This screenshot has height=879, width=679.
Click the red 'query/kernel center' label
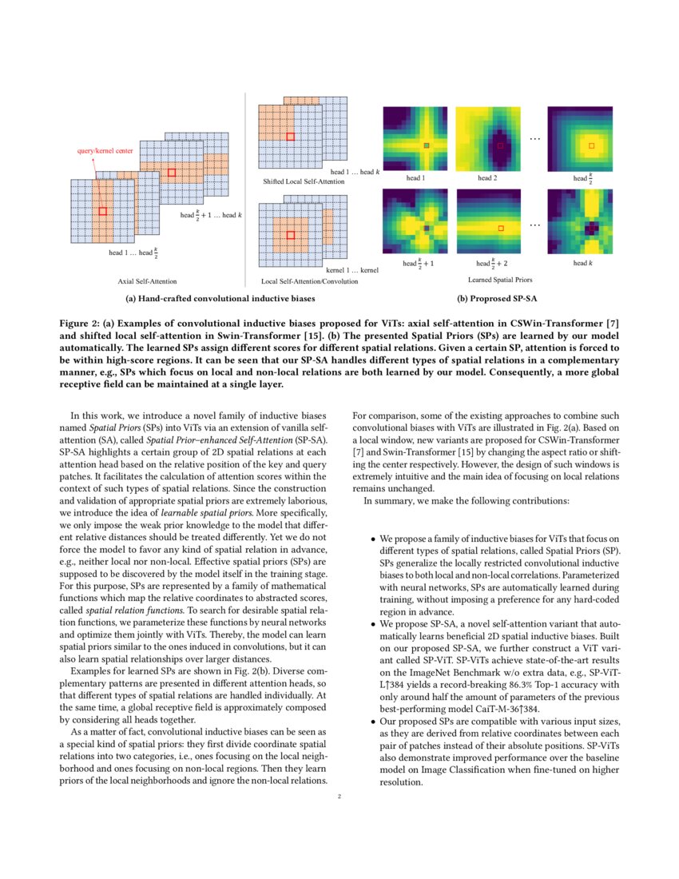pos(105,150)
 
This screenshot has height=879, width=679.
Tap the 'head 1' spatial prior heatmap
pos(416,139)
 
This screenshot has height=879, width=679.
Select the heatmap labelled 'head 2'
pos(487,139)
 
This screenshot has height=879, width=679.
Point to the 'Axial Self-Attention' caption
pos(147,281)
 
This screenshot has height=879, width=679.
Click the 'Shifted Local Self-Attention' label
pos(304,182)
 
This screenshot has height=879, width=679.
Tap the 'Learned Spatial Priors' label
pos(500,280)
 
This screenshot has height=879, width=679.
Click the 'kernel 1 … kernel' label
pos(352,271)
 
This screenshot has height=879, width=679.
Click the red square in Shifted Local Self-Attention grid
pos(291,137)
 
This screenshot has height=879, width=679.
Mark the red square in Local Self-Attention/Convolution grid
pos(290,235)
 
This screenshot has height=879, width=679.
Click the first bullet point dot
pos(373,539)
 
